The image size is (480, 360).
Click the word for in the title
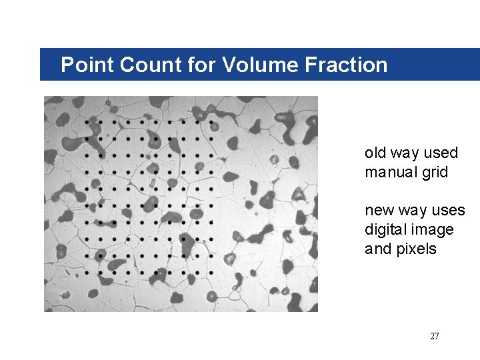tap(195, 65)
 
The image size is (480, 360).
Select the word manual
tap(390, 172)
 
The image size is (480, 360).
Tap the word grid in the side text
tap(434, 172)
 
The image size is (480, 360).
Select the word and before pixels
tap(377, 249)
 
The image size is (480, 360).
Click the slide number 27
tap(435, 336)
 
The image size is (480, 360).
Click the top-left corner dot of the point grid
tap(87, 122)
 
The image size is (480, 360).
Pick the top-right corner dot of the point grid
tap(211, 122)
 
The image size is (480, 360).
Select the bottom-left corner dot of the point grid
tap(87, 272)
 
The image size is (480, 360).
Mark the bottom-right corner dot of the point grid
tap(211, 272)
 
